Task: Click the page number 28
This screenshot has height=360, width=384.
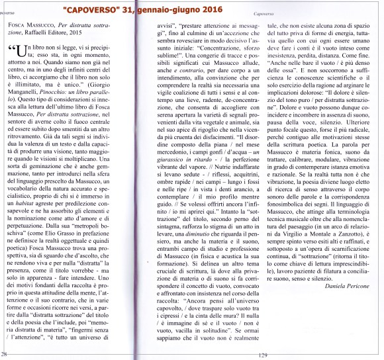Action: pyautogui.click(x=5, y=355)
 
